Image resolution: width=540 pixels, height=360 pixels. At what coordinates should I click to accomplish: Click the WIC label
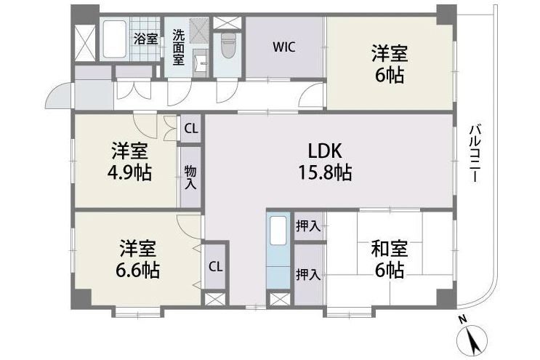[x=283, y=47]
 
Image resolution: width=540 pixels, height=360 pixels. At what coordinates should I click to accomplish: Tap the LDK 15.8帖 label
[x=325, y=161]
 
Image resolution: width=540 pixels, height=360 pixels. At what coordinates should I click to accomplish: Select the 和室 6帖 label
[x=389, y=259]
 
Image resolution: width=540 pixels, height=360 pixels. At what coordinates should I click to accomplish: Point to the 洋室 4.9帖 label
[x=129, y=161]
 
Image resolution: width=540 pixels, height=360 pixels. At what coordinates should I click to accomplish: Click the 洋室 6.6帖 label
[x=137, y=259]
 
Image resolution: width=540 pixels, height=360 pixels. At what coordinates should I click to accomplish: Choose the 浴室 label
[x=145, y=39]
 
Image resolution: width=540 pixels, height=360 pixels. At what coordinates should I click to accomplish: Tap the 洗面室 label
[x=178, y=47]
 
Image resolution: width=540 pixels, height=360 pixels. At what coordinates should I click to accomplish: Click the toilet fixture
[x=227, y=45]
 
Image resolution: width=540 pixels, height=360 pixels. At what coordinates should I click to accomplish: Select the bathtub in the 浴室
[x=115, y=39]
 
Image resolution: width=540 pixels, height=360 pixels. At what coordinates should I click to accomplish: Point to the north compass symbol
[x=472, y=340]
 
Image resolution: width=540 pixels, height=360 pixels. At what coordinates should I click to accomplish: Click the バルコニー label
[x=475, y=153]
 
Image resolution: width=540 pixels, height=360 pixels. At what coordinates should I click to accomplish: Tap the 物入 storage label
[x=190, y=177]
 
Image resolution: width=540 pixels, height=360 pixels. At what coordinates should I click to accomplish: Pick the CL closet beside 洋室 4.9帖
[x=191, y=129]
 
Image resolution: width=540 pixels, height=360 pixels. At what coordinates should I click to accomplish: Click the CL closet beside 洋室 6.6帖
[x=216, y=267]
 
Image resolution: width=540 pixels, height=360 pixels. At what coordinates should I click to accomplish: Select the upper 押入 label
[x=308, y=226]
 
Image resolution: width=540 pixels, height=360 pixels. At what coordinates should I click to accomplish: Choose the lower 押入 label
[x=308, y=275]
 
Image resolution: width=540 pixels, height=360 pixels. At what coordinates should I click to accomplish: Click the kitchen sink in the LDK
[x=278, y=231]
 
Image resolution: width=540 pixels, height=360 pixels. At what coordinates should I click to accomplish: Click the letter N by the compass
[x=463, y=319]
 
